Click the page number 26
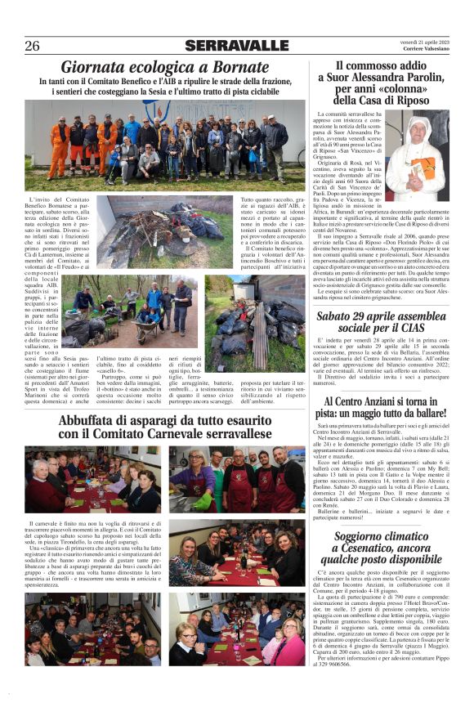click(32, 45)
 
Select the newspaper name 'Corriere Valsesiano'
click(425, 50)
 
